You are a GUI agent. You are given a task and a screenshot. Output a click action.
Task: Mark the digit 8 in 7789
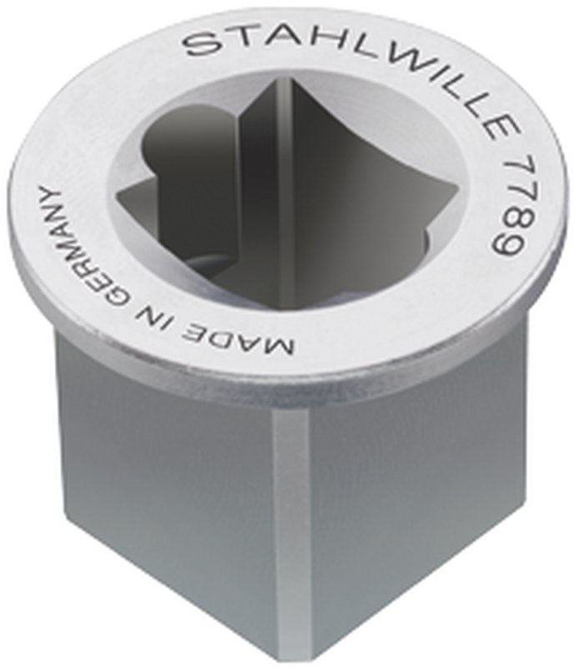click(x=506, y=218)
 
